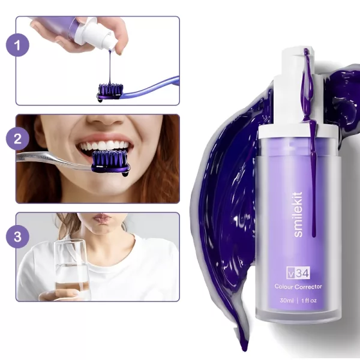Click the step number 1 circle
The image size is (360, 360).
click(17, 45)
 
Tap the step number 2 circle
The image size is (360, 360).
click(17, 139)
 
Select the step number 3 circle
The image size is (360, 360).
click(17, 236)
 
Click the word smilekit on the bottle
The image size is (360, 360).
click(298, 214)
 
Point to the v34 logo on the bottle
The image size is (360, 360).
click(298, 273)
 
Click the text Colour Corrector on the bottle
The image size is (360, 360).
click(298, 287)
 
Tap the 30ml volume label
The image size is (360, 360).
click(287, 301)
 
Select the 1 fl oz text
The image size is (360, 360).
click(309, 301)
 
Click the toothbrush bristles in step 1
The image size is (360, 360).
click(111, 89)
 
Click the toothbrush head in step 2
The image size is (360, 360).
click(110, 162)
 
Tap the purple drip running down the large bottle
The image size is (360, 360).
click(311, 142)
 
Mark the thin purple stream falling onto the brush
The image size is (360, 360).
click(110, 67)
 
